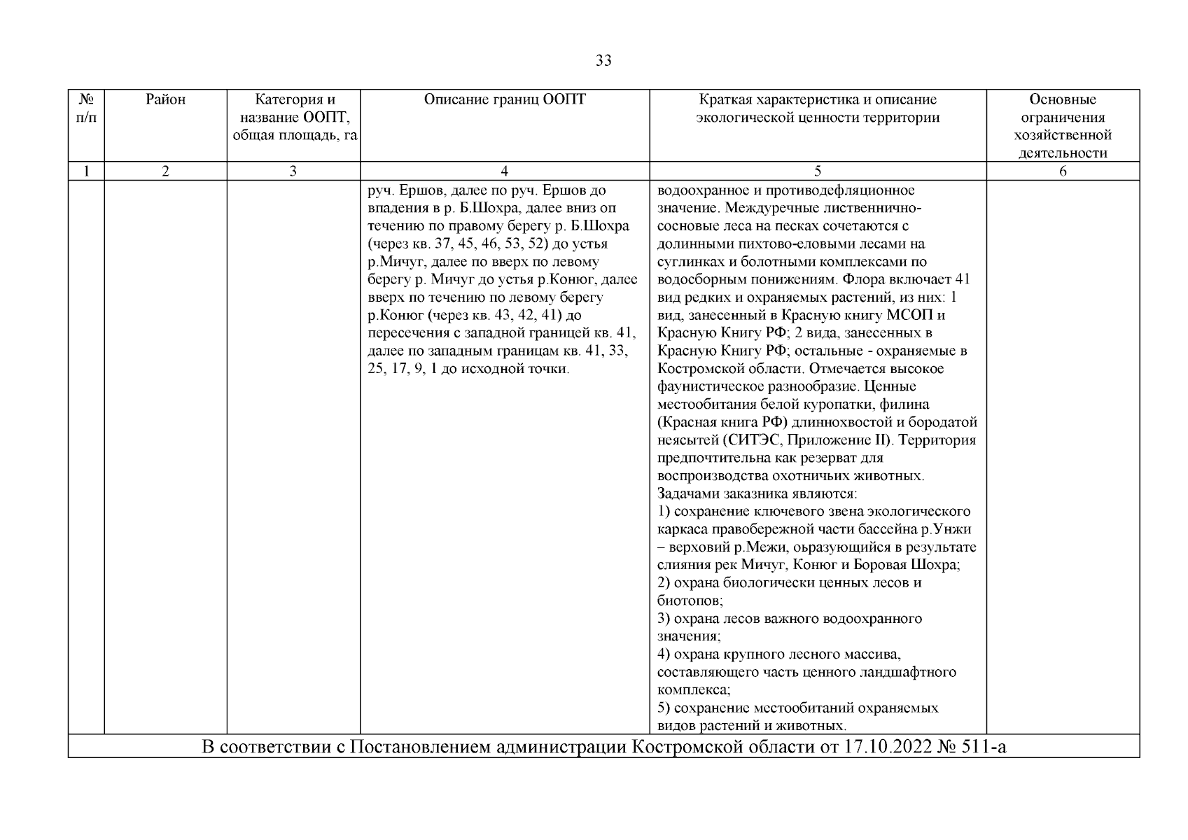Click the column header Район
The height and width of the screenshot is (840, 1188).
pos(166,100)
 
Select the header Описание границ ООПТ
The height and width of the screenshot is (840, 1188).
pos(505,100)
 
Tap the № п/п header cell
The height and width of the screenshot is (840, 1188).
pos(86,108)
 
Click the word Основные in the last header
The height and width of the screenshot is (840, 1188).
pos(1063,100)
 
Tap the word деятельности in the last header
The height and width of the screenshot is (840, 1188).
pos(1063,153)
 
